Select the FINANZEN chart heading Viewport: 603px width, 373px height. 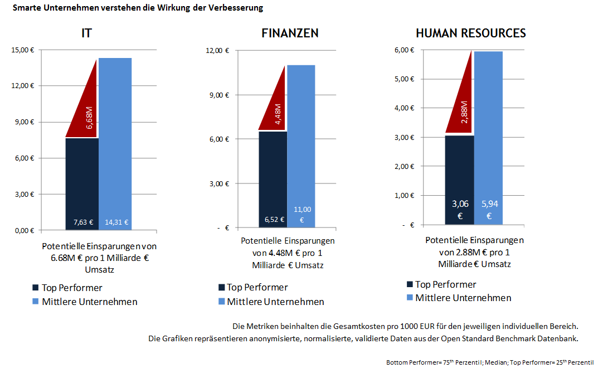290,33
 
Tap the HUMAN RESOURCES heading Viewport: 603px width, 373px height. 470,33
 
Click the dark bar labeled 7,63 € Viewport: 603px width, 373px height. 82,184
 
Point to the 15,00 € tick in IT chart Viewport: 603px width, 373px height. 23,50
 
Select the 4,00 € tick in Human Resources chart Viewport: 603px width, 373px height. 404,108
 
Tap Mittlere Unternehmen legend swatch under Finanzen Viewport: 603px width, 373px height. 221,302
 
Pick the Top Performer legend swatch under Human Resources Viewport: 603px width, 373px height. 410,284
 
